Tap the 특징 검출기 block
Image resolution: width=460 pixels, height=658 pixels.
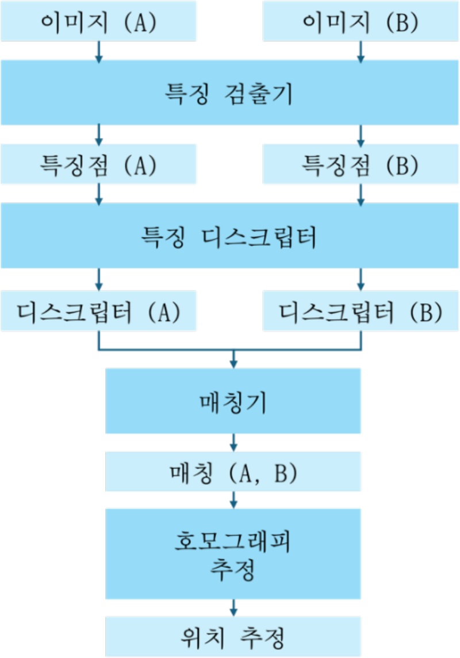[230, 94]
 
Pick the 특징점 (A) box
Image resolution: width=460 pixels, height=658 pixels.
[98, 164]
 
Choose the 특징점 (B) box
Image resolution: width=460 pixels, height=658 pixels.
[361, 164]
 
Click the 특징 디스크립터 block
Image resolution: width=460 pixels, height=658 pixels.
[230, 236]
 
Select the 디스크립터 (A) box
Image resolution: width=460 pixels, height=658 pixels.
[98, 310]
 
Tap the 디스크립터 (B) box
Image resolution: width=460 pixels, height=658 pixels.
[361, 310]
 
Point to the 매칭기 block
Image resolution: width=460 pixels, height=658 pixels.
[233, 401]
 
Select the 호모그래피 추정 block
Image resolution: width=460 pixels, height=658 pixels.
[233, 553]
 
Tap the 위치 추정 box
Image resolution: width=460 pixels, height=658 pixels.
[233, 637]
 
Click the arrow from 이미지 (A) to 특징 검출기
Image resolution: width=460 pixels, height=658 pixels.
[99, 52]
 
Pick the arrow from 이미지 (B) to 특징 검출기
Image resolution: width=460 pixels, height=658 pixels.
[361, 52]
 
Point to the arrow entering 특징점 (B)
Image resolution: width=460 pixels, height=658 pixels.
[361, 134]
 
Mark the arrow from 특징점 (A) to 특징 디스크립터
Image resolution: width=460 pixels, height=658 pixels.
[99, 195]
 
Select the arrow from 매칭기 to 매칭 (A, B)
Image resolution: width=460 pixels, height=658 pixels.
[233, 442]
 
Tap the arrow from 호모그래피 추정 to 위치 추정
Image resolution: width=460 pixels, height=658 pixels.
[233, 607]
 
